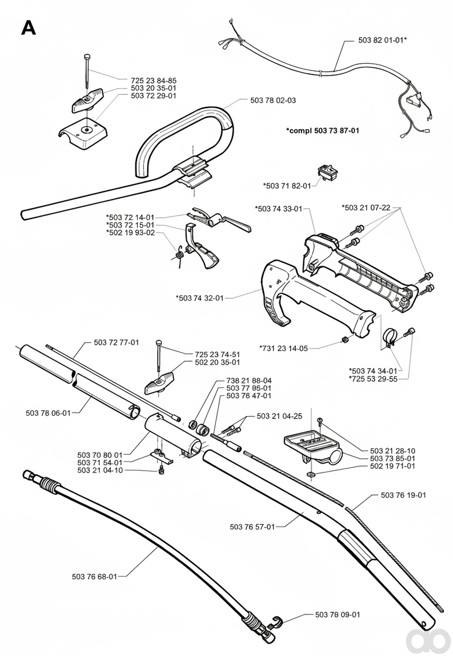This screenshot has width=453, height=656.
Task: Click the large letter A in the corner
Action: [x=29, y=28]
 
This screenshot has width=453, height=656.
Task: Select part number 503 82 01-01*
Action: [x=382, y=40]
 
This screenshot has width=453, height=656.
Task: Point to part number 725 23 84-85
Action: [x=154, y=81]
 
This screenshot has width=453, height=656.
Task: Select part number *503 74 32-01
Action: [x=200, y=298]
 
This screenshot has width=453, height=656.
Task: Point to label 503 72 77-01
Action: [x=116, y=342]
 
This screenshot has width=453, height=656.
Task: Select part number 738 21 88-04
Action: [x=249, y=380]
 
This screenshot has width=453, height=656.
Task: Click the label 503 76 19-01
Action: [x=403, y=495]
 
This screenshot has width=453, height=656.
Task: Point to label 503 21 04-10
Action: [x=100, y=470]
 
